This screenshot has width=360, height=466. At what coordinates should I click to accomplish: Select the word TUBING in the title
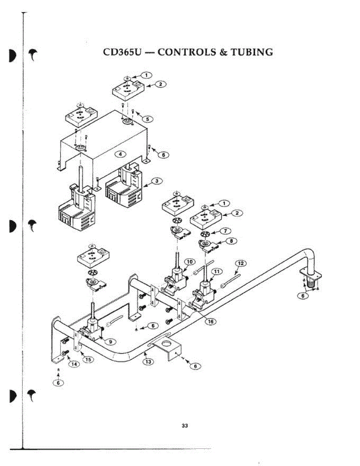(252, 52)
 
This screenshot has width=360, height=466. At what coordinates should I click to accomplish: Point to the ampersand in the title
(223, 52)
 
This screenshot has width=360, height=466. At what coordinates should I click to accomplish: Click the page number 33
(185, 426)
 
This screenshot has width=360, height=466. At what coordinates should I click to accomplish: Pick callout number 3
(157, 181)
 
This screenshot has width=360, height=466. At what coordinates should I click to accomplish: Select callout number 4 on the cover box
(120, 154)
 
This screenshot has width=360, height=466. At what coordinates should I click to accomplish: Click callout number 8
(231, 241)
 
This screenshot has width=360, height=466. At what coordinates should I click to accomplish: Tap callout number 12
(241, 264)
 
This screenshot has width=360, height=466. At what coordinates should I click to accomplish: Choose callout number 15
(89, 360)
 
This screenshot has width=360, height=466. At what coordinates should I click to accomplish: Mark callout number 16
(210, 322)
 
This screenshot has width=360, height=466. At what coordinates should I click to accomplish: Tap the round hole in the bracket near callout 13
(167, 344)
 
